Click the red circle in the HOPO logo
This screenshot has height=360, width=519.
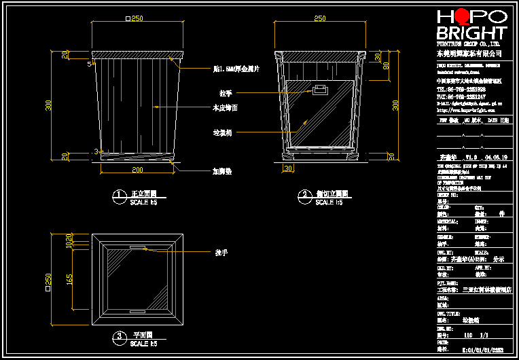(461, 16)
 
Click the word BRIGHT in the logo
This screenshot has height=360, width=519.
(471, 33)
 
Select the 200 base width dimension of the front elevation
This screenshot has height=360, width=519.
(137, 169)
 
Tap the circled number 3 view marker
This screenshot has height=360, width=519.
(119, 336)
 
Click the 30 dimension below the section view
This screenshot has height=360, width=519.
(287, 168)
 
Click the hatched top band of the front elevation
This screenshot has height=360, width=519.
(137, 54)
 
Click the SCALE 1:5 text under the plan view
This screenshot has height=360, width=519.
(143, 344)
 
